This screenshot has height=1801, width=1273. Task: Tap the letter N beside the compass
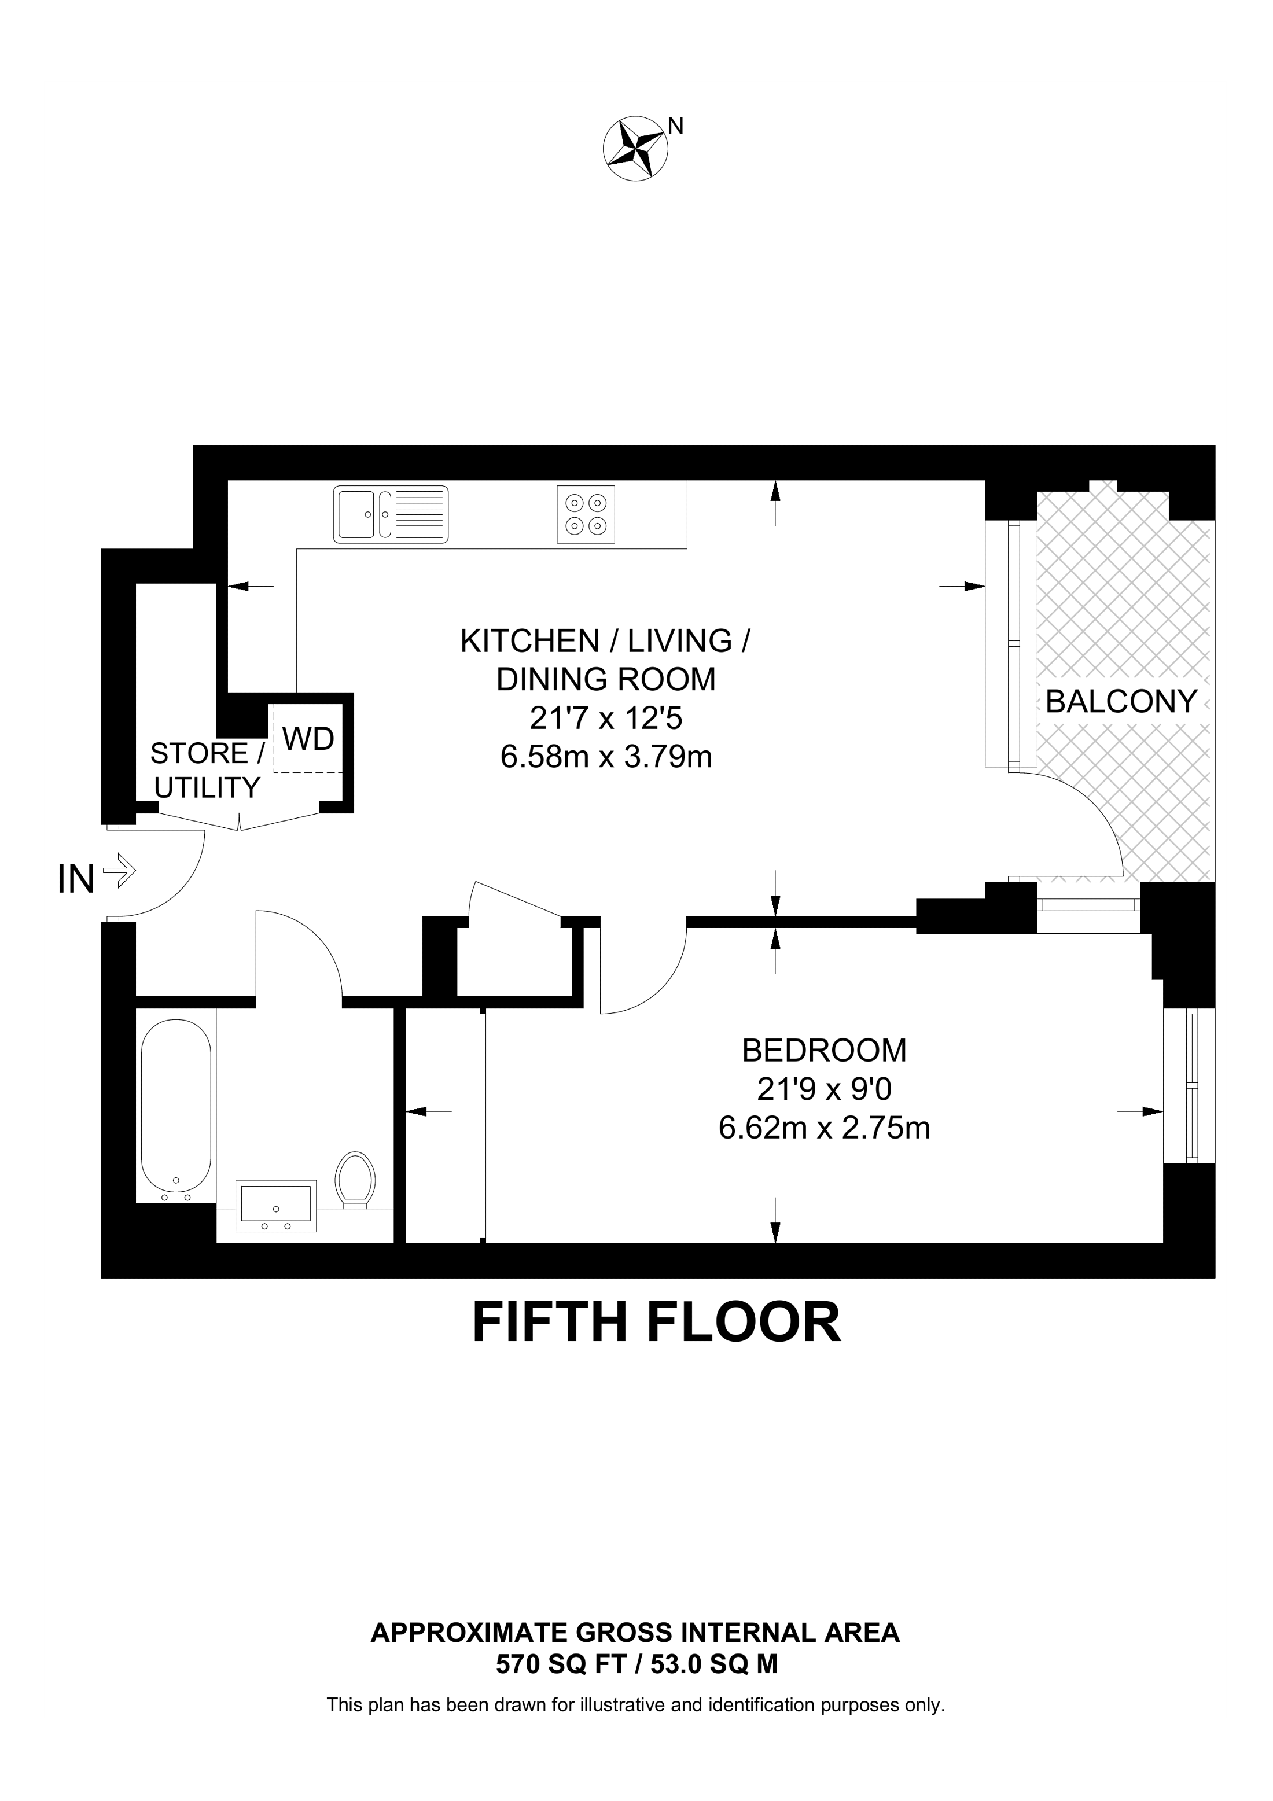[x=675, y=126]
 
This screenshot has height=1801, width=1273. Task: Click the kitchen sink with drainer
[x=391, y=514]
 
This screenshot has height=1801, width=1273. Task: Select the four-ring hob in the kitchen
[x=586, y=514]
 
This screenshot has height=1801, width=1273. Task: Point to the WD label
[x=308, y=738]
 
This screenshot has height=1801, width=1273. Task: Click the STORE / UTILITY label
[x=207, y=770]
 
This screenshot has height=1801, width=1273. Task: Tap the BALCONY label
[x=1121, y=701]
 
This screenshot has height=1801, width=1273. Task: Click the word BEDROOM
[x=825, y=1050]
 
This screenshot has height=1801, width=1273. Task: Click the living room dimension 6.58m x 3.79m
[x=606, y=757]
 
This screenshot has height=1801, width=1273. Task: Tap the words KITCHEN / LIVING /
[x=605, y=641]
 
